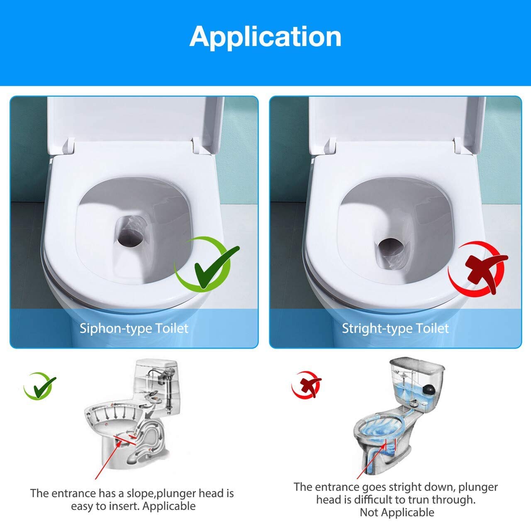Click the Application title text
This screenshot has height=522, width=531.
click(265, 37)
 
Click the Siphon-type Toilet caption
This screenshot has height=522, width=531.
click(134, 329)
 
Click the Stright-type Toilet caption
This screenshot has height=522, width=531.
click(395, 329)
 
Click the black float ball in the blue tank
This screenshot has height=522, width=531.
click(429, 390)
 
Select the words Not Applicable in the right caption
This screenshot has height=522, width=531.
click(397, 512)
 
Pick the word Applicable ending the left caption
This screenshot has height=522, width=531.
click(169, 506)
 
